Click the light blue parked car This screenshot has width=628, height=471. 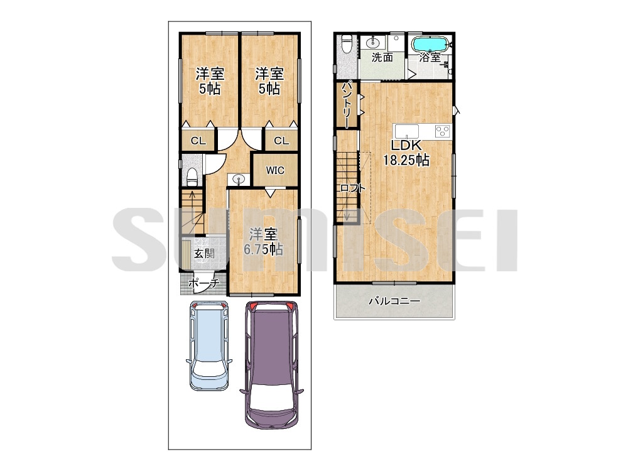click(x=209, y=345)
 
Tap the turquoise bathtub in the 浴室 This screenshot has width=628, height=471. click(x=429, y=43)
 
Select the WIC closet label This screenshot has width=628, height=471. click(x=275, y=170)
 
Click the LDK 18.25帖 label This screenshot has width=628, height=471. click(x=406, y=153)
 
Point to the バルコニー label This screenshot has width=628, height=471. click(x=394, y=301)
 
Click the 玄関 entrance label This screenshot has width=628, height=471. click(x=204, y=254)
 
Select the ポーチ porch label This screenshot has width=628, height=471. click(x=203, y=283)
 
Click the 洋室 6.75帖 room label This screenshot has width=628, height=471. click(x=264, y=242)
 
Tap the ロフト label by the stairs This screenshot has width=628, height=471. click(x=352, y=188)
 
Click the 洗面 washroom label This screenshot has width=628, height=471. click(x=382, y=57)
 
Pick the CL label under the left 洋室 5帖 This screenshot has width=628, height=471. click(x=198, y=141)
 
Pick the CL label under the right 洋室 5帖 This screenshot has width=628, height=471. click(x=281, y=141)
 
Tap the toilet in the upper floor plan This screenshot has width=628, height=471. click(x=347, y=43)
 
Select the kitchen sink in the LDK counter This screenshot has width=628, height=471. click(x=407, y=131)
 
